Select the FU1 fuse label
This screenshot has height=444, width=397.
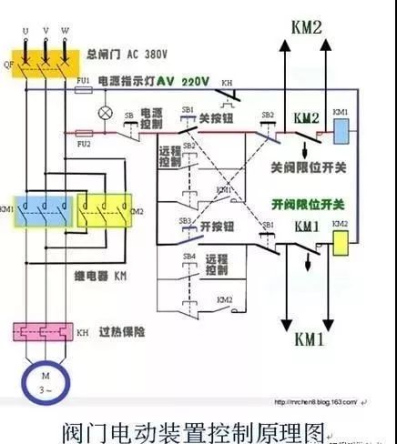[x=84, y=81]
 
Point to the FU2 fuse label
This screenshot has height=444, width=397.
[x=83, y=144]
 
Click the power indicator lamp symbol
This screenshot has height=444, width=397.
[x=106, y=114]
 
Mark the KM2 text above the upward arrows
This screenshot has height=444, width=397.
[x=306, y=27]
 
